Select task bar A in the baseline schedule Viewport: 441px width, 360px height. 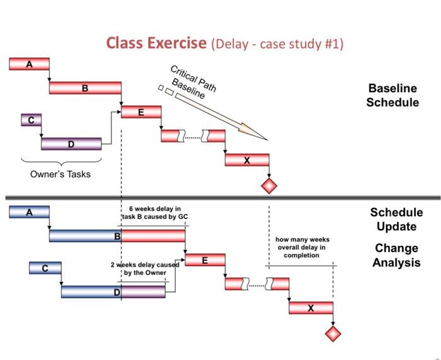point(29,64)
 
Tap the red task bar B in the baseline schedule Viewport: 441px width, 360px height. point(85,88)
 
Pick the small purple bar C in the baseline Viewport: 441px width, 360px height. point(31,120)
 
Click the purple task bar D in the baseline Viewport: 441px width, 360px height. point(71,144)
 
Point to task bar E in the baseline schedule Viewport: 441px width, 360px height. point(141,112)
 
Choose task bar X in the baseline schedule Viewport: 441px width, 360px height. point(247,160)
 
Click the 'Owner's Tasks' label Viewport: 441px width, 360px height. point(60,174)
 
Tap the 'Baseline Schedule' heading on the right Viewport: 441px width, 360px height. point(392,95)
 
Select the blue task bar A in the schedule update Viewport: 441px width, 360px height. point(29,212)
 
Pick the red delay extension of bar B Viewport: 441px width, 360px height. point(153,236)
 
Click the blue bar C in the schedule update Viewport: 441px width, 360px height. point(45,268)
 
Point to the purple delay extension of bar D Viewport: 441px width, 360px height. point(144,291)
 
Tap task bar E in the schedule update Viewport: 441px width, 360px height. point(205,259)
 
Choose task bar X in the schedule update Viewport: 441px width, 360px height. point(311,308)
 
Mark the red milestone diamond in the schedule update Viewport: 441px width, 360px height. point(332,333)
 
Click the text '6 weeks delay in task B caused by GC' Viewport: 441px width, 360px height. point(154,212)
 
